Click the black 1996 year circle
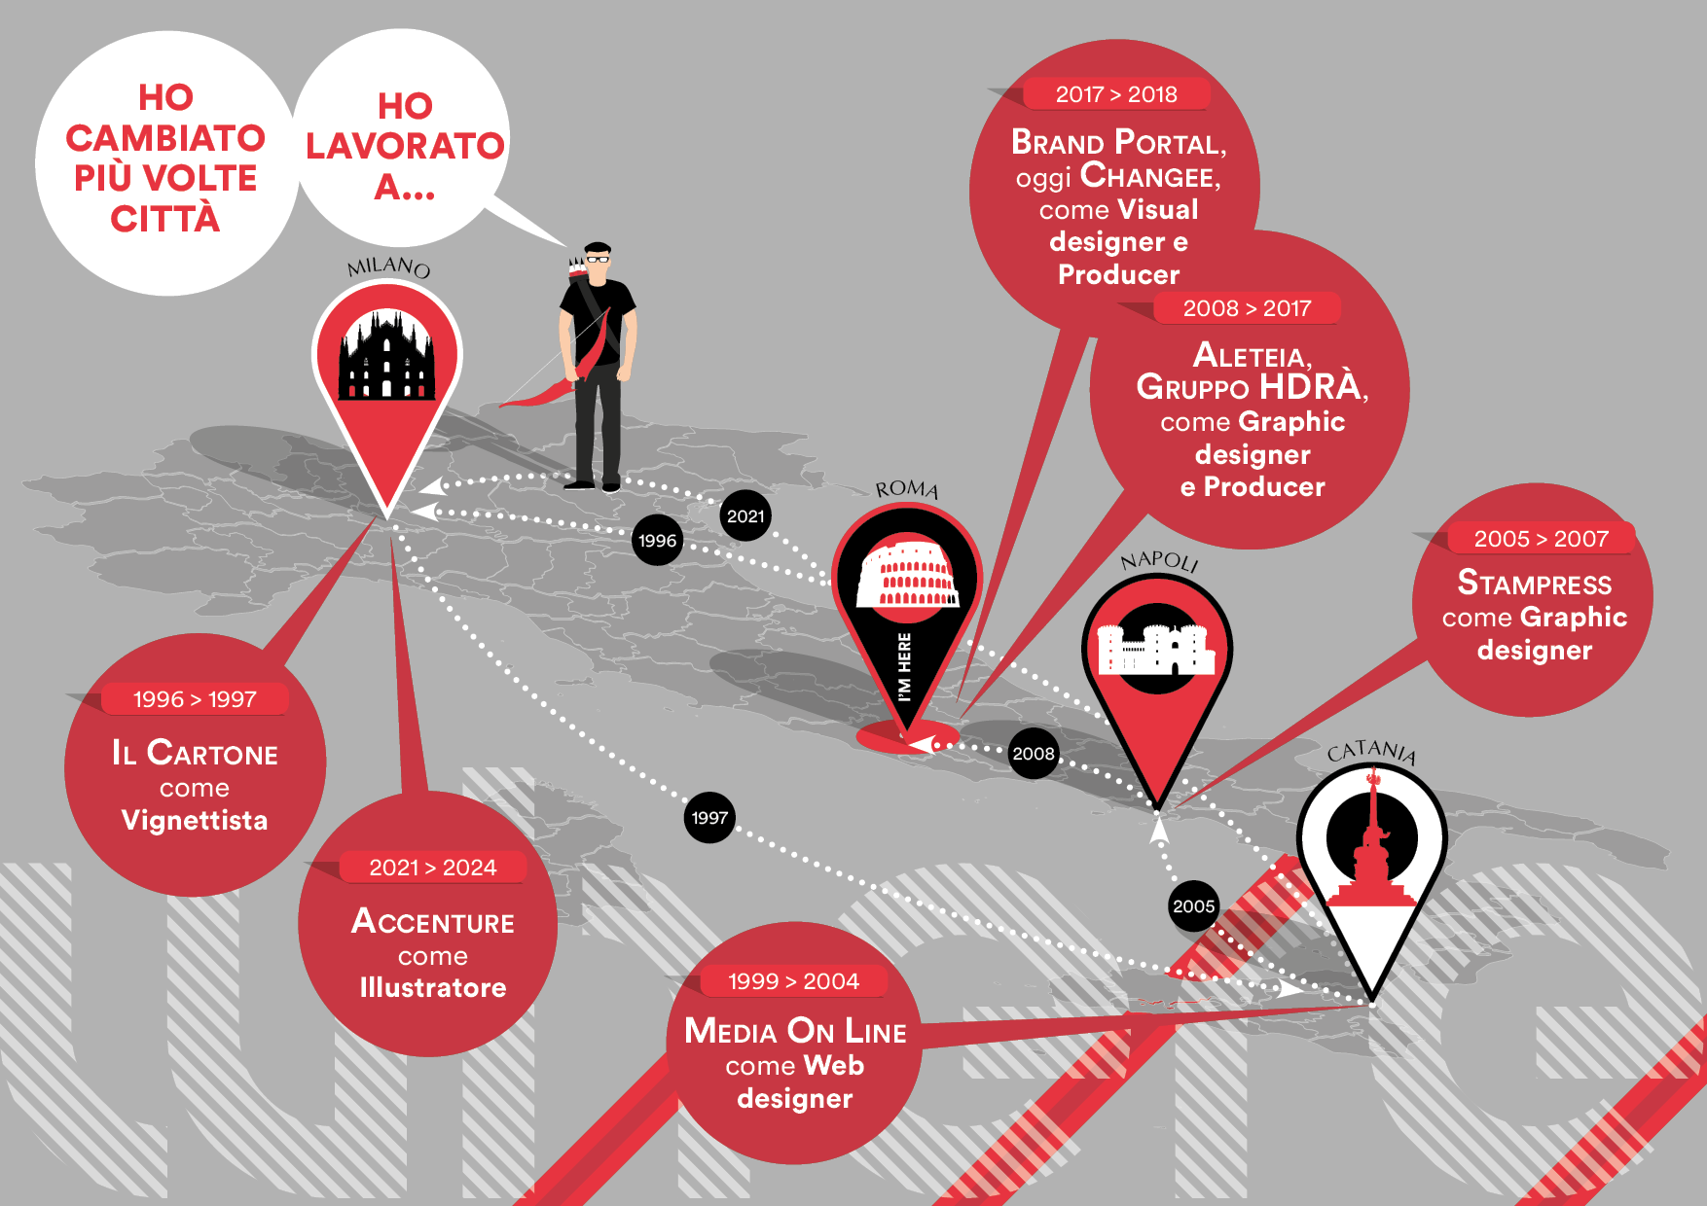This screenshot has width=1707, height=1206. pyautogui.click(x=658, y=541)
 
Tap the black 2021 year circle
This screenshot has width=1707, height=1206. pyautogui.click(x=745, y=516)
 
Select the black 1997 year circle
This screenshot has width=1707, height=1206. pyautogui.click(x=709, y=818)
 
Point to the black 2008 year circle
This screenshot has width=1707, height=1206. pyautogui.click(x=1034, y=754)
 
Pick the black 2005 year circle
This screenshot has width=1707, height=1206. pyautogui.click(x=1194, y=906)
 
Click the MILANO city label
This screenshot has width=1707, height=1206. pyautogui.click(x=388, y=266)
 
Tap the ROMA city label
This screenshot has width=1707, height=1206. pyautogui.click(x=907, y=489)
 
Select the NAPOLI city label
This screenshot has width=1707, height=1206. pyautogui.click(x=1159, y=561)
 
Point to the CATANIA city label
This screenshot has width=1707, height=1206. pyautogui.click(x=1372, y=751)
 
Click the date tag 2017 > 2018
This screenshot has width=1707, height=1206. pyautogui.click(x=1116, y=94)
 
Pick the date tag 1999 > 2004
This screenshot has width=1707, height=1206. pyautogui.click(x=793, y=981)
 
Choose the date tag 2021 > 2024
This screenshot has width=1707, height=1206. pyautogui.click(x=433, y=868)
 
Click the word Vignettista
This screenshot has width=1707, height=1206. pyautogui.click(x=195, y=821)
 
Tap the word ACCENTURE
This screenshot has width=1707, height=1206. pyautogui.click(x=433, y=921)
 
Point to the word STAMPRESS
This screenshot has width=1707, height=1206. pyautogui.click(x=1535, y=584)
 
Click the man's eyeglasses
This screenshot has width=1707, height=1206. pyautogui.click(x=598, y=259)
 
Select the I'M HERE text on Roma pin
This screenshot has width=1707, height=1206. pyautogui.click(x=905, y=666)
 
